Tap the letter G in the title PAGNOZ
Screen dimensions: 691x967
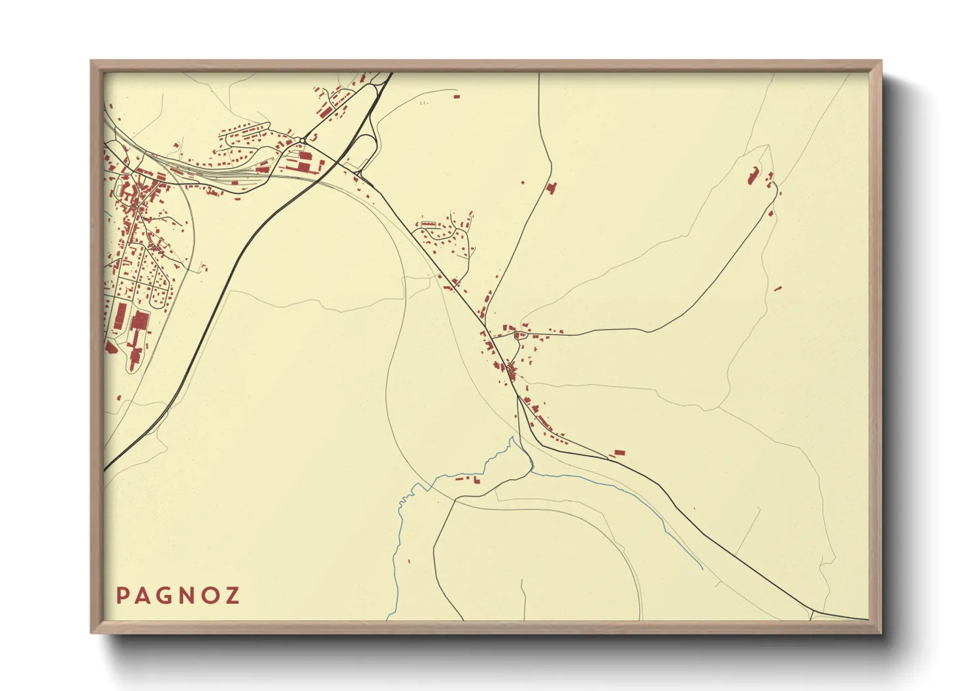point(166,596)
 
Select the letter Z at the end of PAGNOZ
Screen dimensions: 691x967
point(232,596)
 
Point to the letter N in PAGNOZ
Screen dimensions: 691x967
point(188,596)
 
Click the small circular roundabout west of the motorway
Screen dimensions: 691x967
point(303,141)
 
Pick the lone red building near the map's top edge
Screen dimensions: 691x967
point(456,97)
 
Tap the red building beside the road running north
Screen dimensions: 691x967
point(551,188)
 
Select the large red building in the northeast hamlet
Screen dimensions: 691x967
point(752,175)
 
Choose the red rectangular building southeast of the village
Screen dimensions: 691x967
point(619,453)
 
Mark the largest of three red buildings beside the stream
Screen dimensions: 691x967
point(476,480)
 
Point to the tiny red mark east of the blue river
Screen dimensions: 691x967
point(410,560)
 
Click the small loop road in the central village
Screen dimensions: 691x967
point(519,336)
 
